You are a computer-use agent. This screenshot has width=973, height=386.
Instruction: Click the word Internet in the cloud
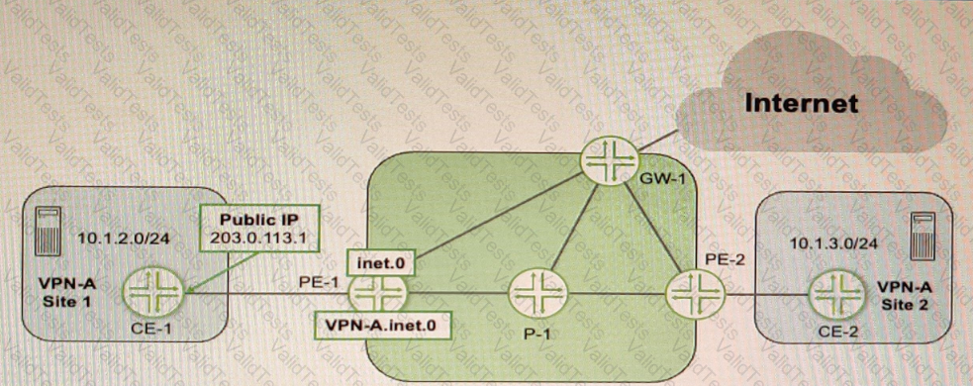tap(803, 102)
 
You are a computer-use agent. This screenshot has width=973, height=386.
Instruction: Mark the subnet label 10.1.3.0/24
tap(829, 241)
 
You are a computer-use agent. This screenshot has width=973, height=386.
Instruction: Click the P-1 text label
tap(535, 334)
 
